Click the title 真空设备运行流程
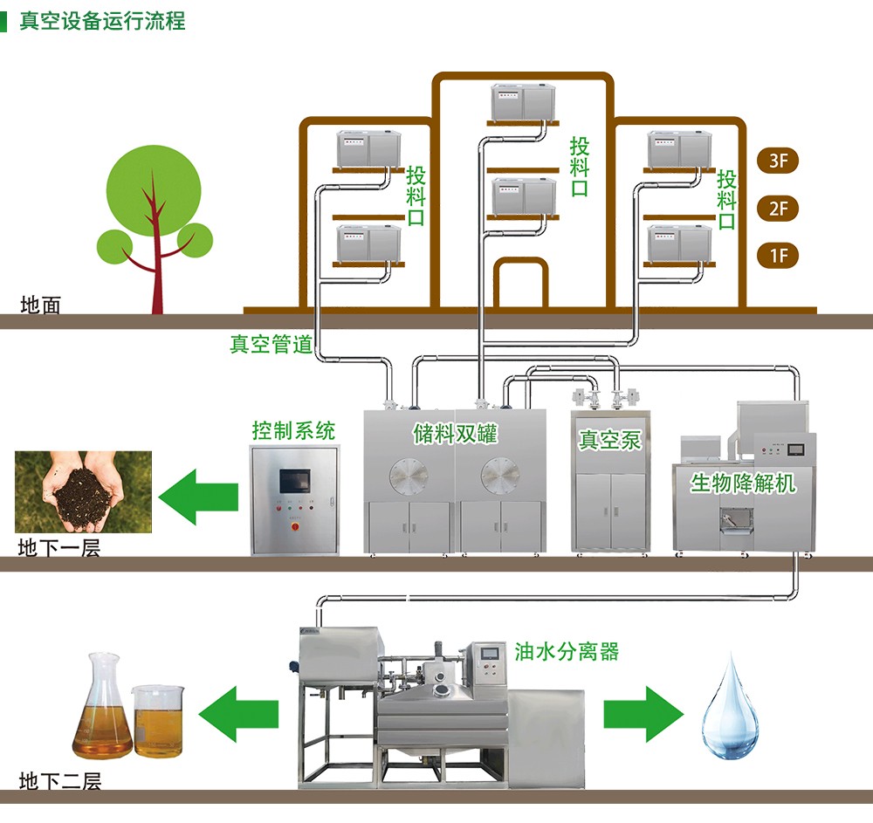(x=102, y=19)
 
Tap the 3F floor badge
(x=778, y=161)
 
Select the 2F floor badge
(x=778, y=209)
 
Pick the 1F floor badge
(x=778, y=256)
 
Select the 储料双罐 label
(x=454, y=434)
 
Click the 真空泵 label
(x=609, y=439)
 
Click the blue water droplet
(x=731, y=704)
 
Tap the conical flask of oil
(x=101, y=714)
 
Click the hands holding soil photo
(x=83, y=491)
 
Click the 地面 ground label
(x=41, y=305)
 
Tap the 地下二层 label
(x=59, y=780)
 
